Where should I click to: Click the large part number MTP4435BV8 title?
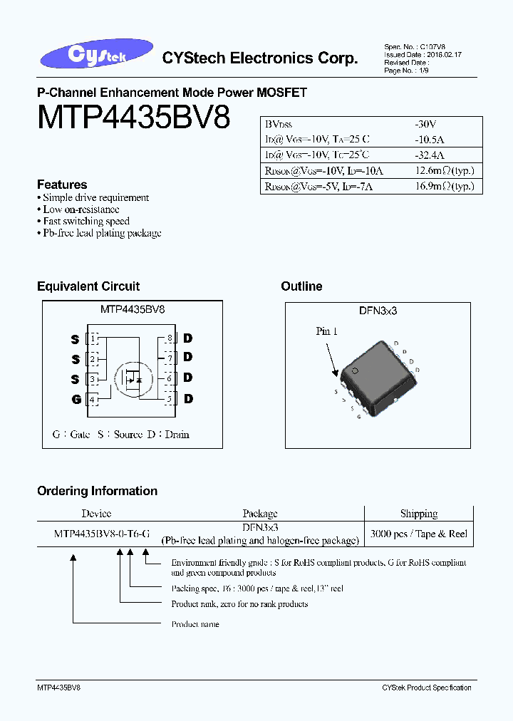tap(134, 118)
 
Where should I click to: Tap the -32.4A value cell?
tap(430, 155)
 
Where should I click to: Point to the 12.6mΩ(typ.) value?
tap(444, 170)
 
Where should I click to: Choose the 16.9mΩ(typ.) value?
tap(444, 187)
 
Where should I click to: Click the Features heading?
tap(62, 185)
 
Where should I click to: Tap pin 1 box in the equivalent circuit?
tap(93, 338)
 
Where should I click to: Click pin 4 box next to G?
tap(93, 400)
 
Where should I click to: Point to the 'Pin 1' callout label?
tap(326, 331)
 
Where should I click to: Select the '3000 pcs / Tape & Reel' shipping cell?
tap(418, 534)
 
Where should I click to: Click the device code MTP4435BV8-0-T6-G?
tap(101, 533)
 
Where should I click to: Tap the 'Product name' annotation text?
tap(195, 624)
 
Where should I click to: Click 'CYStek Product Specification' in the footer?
tap(426, 688)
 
